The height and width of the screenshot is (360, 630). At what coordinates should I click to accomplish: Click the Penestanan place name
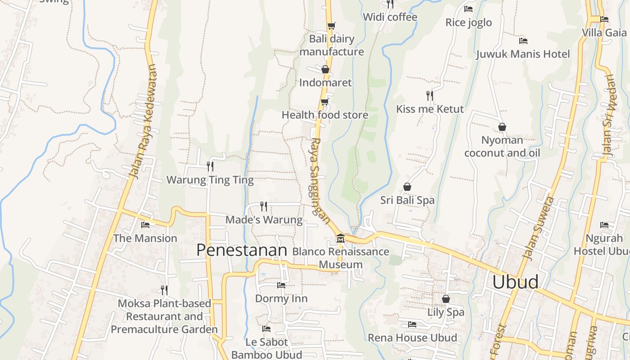pyautogui.click(x=242, y=250)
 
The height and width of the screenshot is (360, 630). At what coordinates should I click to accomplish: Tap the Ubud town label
pyautogui.click(x=515, y=282)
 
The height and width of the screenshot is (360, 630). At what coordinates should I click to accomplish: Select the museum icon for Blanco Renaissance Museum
pyautogui.click(x=340, y=238)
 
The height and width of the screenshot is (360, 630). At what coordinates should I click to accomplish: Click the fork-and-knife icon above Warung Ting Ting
pyautogui.click(x=210, y=166)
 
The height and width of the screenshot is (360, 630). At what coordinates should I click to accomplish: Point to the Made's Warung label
pyautogui.click(x=264, y=220)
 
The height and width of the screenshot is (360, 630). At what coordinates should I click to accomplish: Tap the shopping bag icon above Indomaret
pyautogui.click(x=325, y=69)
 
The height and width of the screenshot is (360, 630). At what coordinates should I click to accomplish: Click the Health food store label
pyautogui.click(x=325, y=115)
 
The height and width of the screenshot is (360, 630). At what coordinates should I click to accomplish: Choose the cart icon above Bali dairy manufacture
pyautogui.click(x=331, y=26)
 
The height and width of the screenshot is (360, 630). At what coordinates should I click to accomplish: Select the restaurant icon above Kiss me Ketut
pyautogui.click(x=430, y=95)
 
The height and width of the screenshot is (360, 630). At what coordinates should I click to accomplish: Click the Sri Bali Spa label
pyautogui.click(x=407, y=200)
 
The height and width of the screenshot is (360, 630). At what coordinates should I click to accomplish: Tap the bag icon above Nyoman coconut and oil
pyautogui.click(x=502, y=127)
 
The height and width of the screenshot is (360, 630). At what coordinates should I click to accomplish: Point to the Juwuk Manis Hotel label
pyautogui.click(x=523, y=54)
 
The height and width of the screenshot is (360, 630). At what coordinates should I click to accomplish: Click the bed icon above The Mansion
pyautogui.click(x=145, y=225)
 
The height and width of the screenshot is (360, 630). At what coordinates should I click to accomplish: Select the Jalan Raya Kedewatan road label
pyautogui.click(x=142, y=121)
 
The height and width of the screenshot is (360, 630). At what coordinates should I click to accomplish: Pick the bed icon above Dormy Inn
pyautogui.click(x=281, y=285)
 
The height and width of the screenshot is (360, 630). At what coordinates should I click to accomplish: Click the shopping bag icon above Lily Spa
pyautogui.click(x=445, y=298)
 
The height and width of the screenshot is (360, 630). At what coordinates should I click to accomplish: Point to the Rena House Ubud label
pyautogui.click(x=412, y=337)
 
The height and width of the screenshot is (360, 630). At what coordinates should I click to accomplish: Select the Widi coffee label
pyautogui.click(x=390, y=17)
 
